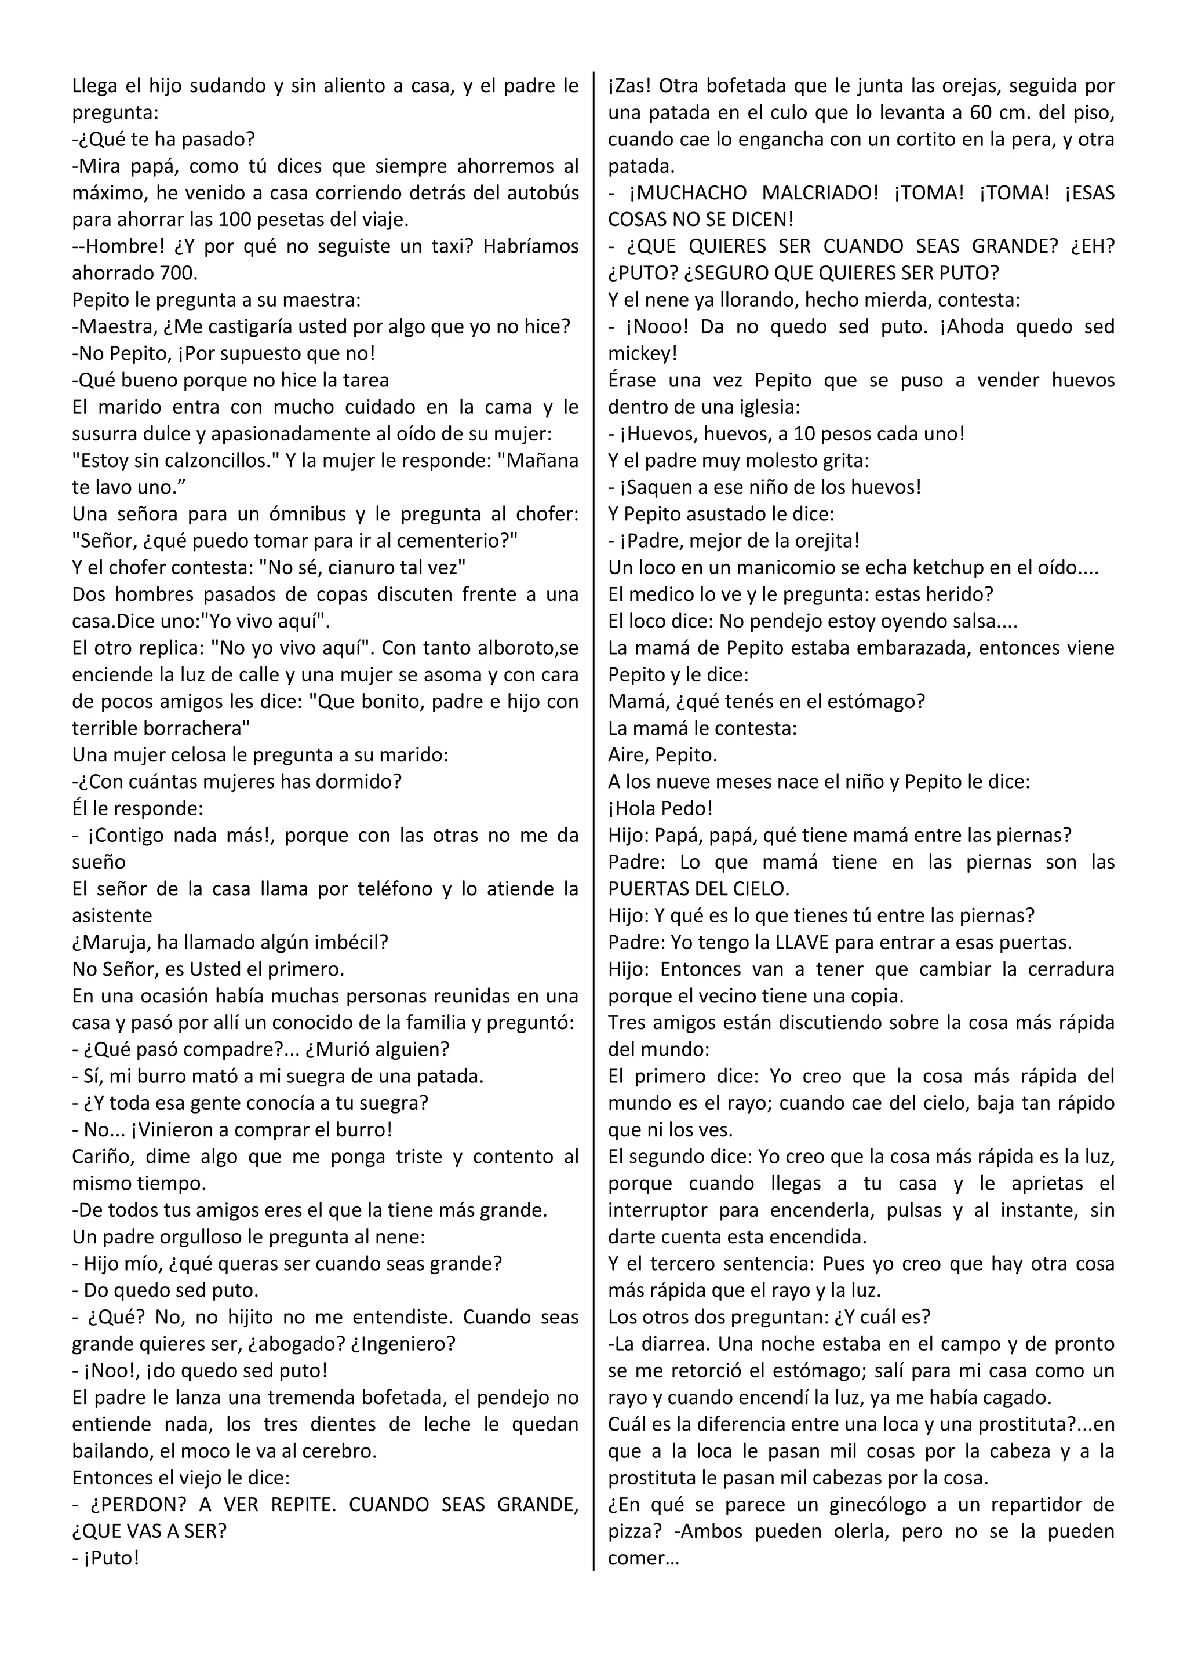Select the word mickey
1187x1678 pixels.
(x=641, y=353)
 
